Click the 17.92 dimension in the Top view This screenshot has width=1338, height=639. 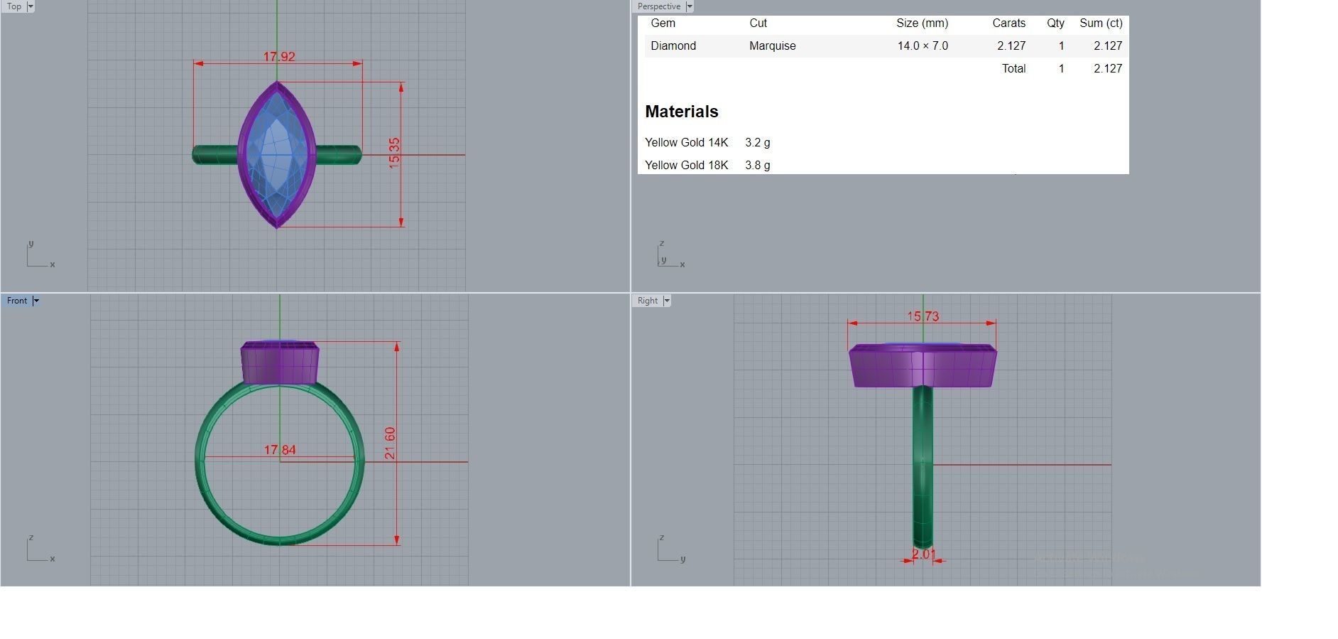click(279, 57)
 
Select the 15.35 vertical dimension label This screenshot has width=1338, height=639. click(394, 153)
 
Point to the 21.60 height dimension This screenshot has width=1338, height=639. click(390, 443)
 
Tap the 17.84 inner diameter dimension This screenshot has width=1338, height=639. click(280, 450)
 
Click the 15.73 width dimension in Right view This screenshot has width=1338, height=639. click(923, 316)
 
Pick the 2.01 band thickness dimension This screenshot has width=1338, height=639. click(923, 554)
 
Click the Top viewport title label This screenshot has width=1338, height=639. click(14, 6)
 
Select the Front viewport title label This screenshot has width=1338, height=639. click(17, 301)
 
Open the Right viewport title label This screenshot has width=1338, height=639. click(648, 301)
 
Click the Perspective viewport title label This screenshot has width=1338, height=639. click(659, 6)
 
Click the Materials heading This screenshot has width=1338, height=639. click(682, 112)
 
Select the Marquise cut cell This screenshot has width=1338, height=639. click(772, 46)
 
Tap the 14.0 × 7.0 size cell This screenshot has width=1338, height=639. click(922, 46)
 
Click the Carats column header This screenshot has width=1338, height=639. click(1008, 23)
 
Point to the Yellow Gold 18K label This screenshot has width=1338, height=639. click(686, 166)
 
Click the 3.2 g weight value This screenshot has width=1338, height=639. click(758, 143)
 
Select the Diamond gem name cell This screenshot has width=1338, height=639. click(673, 46)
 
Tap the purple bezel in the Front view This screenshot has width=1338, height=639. click(280, 363)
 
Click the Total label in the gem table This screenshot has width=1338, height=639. click(1013, 69)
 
